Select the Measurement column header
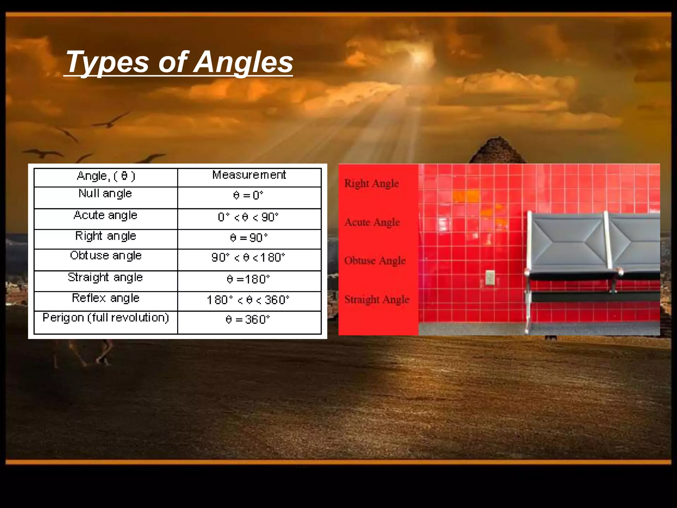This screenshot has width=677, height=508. (249, 175)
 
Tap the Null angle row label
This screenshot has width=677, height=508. (105, 193)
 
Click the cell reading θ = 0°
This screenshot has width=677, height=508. (248, 195)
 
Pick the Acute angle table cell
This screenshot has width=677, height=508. (105, 215)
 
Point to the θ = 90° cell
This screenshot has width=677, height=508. (249, 238)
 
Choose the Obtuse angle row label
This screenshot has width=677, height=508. (105, 256)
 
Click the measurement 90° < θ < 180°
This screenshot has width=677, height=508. (248, 258)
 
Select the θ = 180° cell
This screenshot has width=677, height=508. (248, 279)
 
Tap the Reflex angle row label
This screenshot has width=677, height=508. (105, 298)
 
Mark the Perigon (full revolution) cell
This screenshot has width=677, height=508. (105, 318)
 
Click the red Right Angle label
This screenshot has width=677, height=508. (371, 184)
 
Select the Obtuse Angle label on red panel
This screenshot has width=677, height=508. (375, 261)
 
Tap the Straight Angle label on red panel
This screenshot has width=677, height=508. (377, 300)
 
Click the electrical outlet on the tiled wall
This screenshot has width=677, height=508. (490, 277)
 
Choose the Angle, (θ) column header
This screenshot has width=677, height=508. (106, 176)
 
